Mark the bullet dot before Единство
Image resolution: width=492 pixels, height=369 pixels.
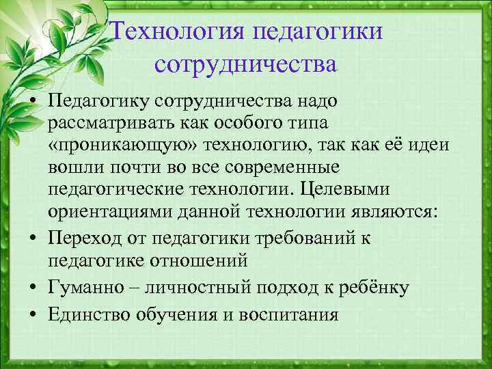click(x=33, y=315)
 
